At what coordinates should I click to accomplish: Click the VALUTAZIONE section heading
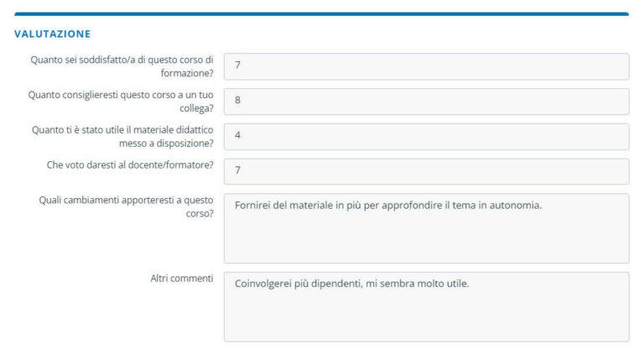[52, 34]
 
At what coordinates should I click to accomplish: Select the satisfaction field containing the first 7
[426, 66]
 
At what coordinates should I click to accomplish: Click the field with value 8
[426, 102]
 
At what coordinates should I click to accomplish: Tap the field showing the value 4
[426, 137]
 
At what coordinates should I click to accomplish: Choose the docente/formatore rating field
[426, 171]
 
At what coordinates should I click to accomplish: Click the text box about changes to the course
[426, 228]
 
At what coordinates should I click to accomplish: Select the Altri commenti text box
[426, 306]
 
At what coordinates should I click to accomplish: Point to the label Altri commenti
[180, 279]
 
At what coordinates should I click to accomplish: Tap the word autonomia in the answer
[513, 206]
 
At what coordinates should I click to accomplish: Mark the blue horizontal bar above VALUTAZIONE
[322, 14]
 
